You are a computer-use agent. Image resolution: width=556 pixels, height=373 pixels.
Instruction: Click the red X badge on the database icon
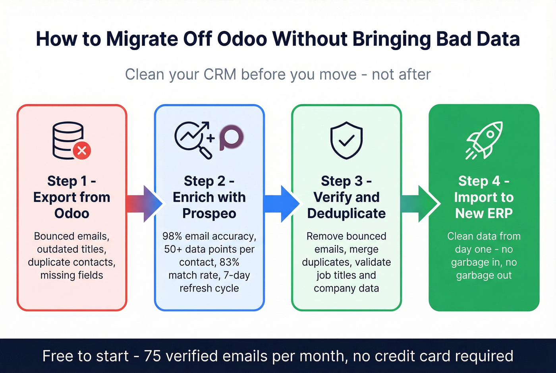pyautogui.click(x=82, y=151)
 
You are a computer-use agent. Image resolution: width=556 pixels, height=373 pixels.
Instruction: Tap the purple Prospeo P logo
pyautogui.click(x=231, y=137)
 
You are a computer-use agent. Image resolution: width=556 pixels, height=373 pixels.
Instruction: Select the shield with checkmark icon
pyautogui.click(x=346, y=140)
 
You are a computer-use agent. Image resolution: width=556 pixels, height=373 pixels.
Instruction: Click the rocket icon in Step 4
pyautogui.click(x=484, y=140)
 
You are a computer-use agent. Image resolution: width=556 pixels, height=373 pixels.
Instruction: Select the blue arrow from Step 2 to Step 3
pyautogui.click(x=281, y=203)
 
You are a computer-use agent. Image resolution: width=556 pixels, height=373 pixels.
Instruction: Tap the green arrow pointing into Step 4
pyautogui.click(x=419, y=203)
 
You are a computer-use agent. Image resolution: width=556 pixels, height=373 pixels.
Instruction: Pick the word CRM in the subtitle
pyautogui.click(x=220, y=74)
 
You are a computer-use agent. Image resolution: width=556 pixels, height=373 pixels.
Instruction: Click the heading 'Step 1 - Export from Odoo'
pyautogui.click(x=72, y=197)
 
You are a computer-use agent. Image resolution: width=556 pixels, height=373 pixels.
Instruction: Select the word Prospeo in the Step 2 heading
pyautogui.click(x=209, y=213)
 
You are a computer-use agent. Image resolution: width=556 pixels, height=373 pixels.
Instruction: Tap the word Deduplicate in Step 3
pyautogui.click(x=346, y=213)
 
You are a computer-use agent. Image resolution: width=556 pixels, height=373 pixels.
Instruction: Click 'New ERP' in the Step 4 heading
pyautogui.click(x=484, y=213)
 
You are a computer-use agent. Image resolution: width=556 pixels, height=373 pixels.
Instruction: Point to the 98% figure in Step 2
pyautogui.click(x=172, y=236)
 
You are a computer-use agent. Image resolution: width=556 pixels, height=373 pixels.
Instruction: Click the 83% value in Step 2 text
pyautogui.click(x=229, y=262)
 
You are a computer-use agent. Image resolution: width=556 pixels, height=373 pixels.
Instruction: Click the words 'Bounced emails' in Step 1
pyautogui.click(x=71, y=236)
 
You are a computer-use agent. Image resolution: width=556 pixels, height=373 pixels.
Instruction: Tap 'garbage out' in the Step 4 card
pyautogui.click(x=484, y=275)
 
